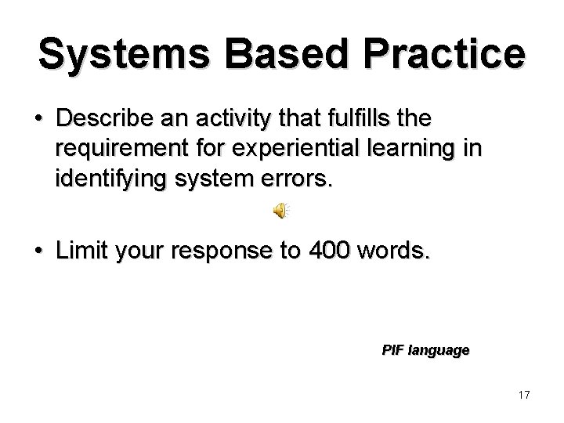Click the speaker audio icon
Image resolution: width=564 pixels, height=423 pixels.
point(279,208)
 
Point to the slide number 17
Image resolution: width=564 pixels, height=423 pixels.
point(523,395)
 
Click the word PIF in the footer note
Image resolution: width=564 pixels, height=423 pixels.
point(392,350)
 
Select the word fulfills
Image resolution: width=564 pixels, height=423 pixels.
point(359,120)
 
